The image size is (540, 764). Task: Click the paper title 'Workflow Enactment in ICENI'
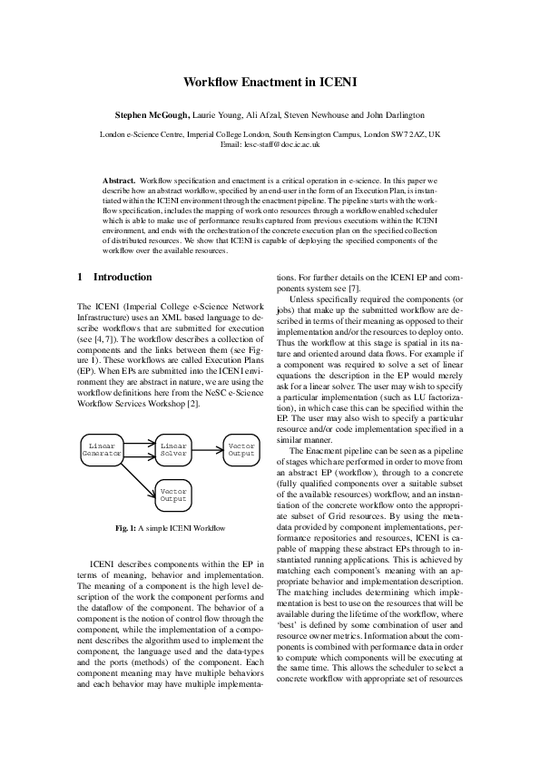pos(270,82)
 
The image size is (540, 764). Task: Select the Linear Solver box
pos(172,449)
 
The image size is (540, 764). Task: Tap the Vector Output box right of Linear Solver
pos(241,449)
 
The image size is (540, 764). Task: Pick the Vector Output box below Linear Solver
pos(172,495)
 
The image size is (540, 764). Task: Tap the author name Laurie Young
pos(221,116)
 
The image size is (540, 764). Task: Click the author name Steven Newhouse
pos(311,116)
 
